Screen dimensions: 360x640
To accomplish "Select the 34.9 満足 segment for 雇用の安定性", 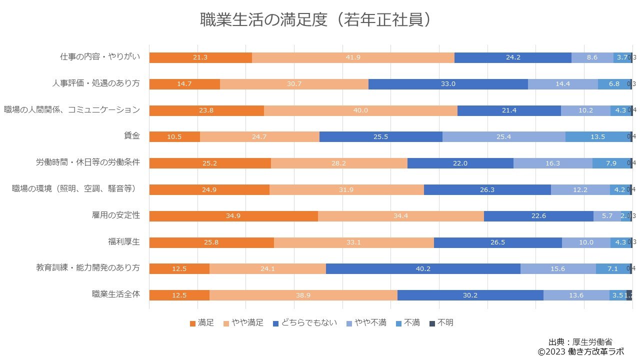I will [233, 216].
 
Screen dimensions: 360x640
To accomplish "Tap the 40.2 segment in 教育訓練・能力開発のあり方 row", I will [423, 268].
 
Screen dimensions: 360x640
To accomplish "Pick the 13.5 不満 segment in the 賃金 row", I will [598, 137].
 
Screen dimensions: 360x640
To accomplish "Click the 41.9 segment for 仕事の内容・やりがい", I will [353, 57].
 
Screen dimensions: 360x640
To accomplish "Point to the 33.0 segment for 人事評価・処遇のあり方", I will [448, 84].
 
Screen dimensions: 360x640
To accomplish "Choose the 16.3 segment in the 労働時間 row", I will [552, 163].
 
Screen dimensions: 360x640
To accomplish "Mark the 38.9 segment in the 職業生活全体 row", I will [303, 295].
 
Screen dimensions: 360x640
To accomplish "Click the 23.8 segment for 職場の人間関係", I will [206, 110].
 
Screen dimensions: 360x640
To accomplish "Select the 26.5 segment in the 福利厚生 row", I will [497, 242].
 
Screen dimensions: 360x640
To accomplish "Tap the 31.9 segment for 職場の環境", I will [346, 189].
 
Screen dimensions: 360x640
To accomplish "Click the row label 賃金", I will [132, 135].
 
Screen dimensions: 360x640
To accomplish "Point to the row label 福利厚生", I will [124, 241].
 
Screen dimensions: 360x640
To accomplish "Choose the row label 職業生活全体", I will [116, 294].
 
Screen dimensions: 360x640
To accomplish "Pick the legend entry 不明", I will [441, 323].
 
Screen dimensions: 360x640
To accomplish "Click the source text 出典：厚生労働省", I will [580, 342].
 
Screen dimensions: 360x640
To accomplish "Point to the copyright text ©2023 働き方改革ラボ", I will [580, 351].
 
